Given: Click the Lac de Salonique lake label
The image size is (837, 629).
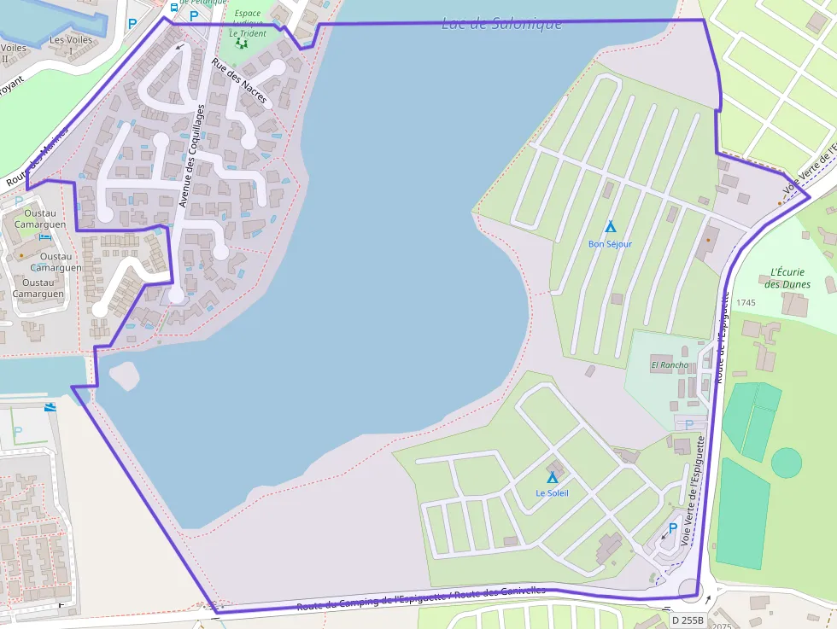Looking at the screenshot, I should [x=501, y=24].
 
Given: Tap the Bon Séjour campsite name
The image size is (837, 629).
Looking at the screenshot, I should [x=610, y=244].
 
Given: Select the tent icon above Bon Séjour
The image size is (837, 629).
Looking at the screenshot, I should [x=610, y=227].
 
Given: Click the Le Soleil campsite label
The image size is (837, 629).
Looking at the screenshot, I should [x=552, y=493].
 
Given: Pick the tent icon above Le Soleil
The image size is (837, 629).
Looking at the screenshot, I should [x=552, y=477].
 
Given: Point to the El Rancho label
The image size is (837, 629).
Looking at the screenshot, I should [x=669, y=365].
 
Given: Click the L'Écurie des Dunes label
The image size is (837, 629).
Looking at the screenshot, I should [x=786, y=278].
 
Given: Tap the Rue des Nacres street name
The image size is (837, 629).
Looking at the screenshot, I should [x=239, y=82].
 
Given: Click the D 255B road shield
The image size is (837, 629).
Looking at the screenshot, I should [x=687, y=620].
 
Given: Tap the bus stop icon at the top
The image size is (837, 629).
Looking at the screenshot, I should [x=174, y=8].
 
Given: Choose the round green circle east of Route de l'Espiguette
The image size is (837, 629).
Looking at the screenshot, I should [x=786, y=463].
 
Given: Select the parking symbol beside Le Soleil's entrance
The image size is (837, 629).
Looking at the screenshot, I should [x=672, y=528].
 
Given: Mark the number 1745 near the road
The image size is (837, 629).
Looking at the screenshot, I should [x=745, y=303].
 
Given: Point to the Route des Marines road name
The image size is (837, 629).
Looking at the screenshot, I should [x=36, y=162].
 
